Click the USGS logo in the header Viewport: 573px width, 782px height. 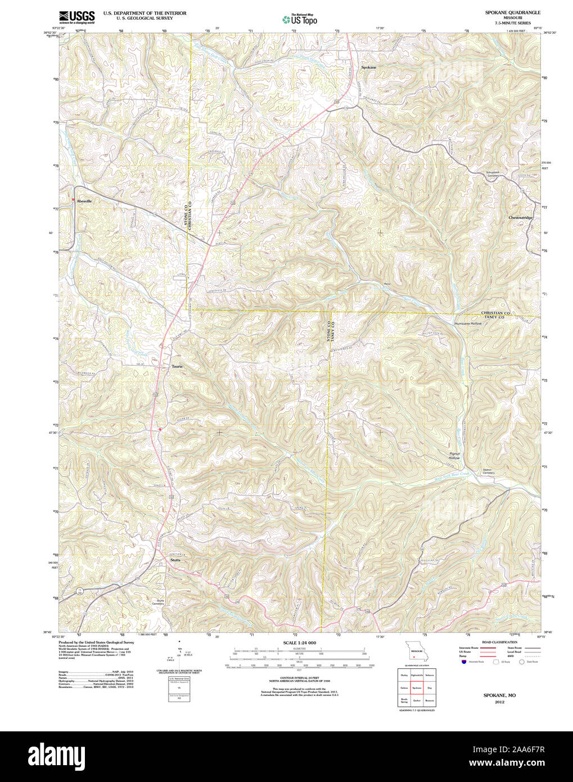tap(76, 17)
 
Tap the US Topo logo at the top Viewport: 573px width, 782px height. tap(300, 19)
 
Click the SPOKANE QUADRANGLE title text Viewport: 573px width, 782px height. tap(513, 12)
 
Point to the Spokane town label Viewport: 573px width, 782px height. tap(368, 67)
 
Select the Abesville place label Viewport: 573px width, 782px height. tap(85, 201)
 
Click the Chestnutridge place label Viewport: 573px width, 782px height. tap(520, 217)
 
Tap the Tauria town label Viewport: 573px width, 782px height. tap(177, 366)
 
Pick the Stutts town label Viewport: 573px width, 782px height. tap(176, 560)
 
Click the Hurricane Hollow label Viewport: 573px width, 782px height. tap(468, 323)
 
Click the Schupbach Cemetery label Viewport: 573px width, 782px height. tap(493, 174)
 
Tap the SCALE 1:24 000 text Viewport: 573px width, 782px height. tap(299, 642)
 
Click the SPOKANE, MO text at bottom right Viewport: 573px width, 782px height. tap(499, 695)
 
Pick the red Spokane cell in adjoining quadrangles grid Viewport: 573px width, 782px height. tap(417, 687)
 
